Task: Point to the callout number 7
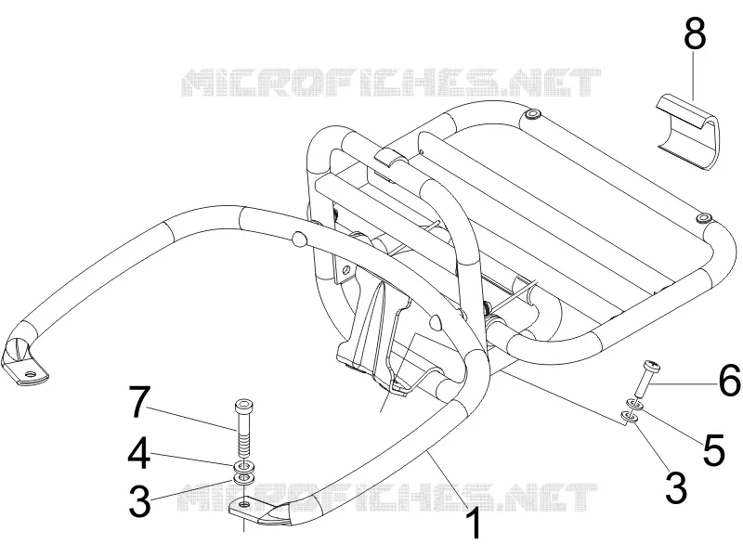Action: [x=140, y=402]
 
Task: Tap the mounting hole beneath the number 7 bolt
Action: [x=243, y=504]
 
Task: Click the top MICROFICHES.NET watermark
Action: [x=391, y=83]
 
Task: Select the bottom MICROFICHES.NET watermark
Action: [x=386, y=497]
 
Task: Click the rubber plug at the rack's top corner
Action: [x=532, y=114]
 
